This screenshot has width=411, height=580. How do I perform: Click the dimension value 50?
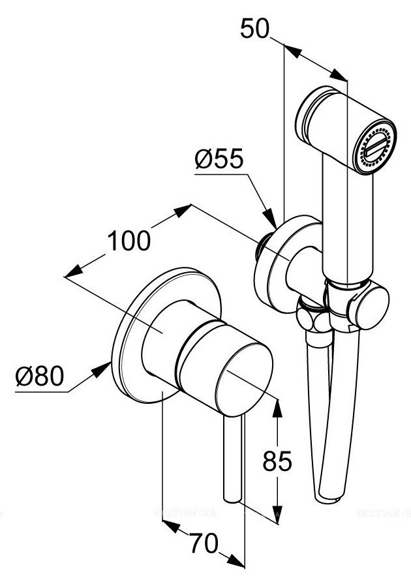(255, 30)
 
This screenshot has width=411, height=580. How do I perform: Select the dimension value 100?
(129, 241)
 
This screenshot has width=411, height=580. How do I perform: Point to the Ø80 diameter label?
(40, 378)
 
